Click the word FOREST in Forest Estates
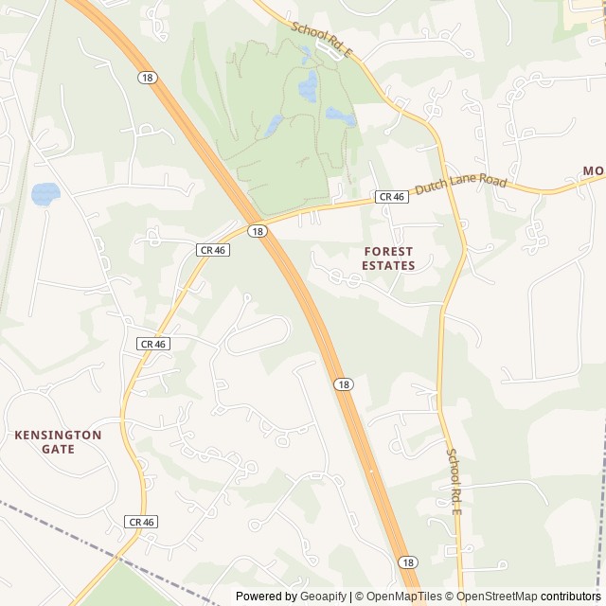(x=388, y=252)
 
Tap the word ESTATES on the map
(x=388, y=266)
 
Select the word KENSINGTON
(x=58, y=435)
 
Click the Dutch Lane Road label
(x=461, y=185)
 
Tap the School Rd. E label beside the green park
(x=321, y=42)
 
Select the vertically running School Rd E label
(x=454, y=480)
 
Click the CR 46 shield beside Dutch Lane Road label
(x=391, y=197)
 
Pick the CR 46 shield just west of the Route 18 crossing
(x=212, y=250)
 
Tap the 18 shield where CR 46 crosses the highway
(x=258, y=231)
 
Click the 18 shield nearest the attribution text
(x=408, y=562)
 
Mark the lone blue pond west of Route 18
(x=45, y=194)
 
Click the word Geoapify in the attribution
(x=323, y=597)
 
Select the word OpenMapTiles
(x=404, y=597)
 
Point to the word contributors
(x=571, y=597)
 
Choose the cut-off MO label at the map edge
(x=593, y=171)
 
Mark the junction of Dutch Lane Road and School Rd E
(x=445, y=182)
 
